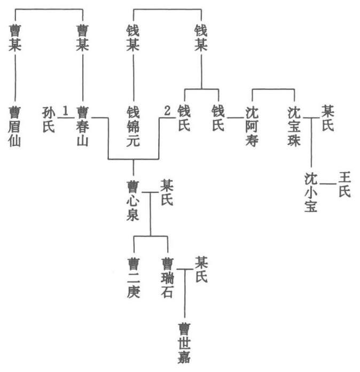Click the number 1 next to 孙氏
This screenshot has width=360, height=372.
(66, 111)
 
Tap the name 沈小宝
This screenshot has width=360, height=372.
(311, 191)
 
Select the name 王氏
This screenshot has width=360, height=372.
(344, 183)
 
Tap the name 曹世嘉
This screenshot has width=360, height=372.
(185, 342)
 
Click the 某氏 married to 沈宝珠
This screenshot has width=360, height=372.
(327, 119)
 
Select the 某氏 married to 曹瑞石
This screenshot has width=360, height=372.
(201, 269)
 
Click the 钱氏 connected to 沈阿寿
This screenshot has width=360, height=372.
(218, 119)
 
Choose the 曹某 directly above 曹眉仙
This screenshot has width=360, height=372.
(15, 37)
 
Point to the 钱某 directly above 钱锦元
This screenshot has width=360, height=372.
(133, 37)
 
